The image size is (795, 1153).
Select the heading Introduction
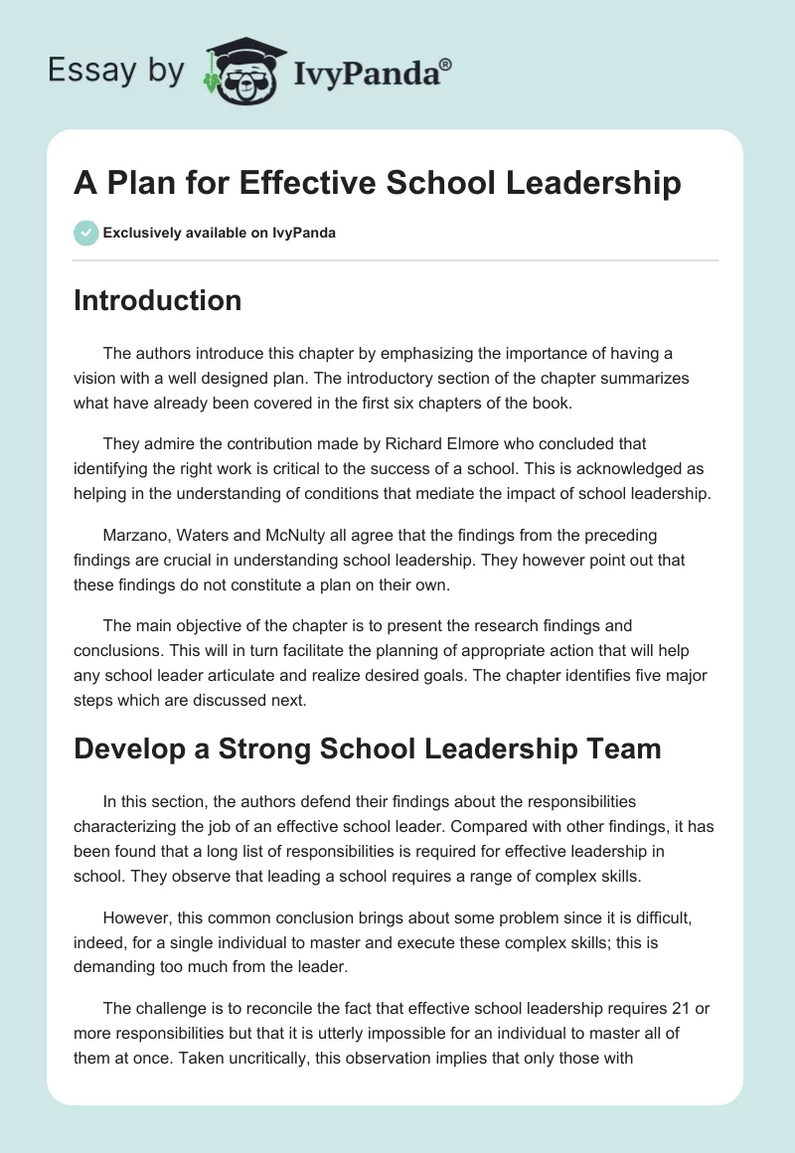(157, 300)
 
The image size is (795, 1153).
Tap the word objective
(215, 626)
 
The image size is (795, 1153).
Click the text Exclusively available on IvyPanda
(220, 234)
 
